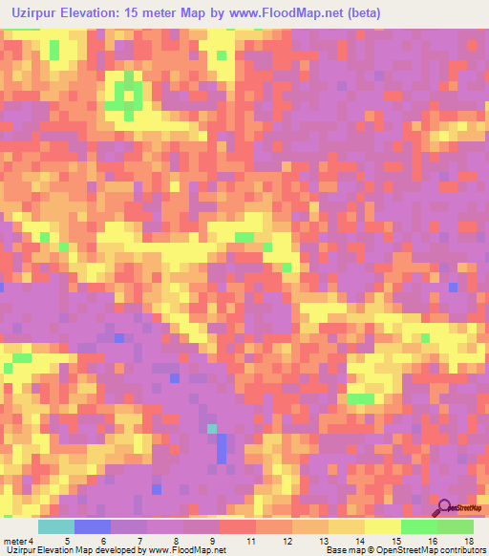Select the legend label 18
pos(468,541)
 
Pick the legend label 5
pos(66,541)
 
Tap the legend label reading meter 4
pos(18,541)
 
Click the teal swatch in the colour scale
pos(56,526)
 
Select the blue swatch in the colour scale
pos(93,526)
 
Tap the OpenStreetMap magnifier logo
pos(444,508)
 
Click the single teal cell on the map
pos(212,429)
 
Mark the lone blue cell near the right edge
pos(453,287)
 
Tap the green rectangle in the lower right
pos(361,398)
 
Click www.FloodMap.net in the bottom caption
pos(195,550)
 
